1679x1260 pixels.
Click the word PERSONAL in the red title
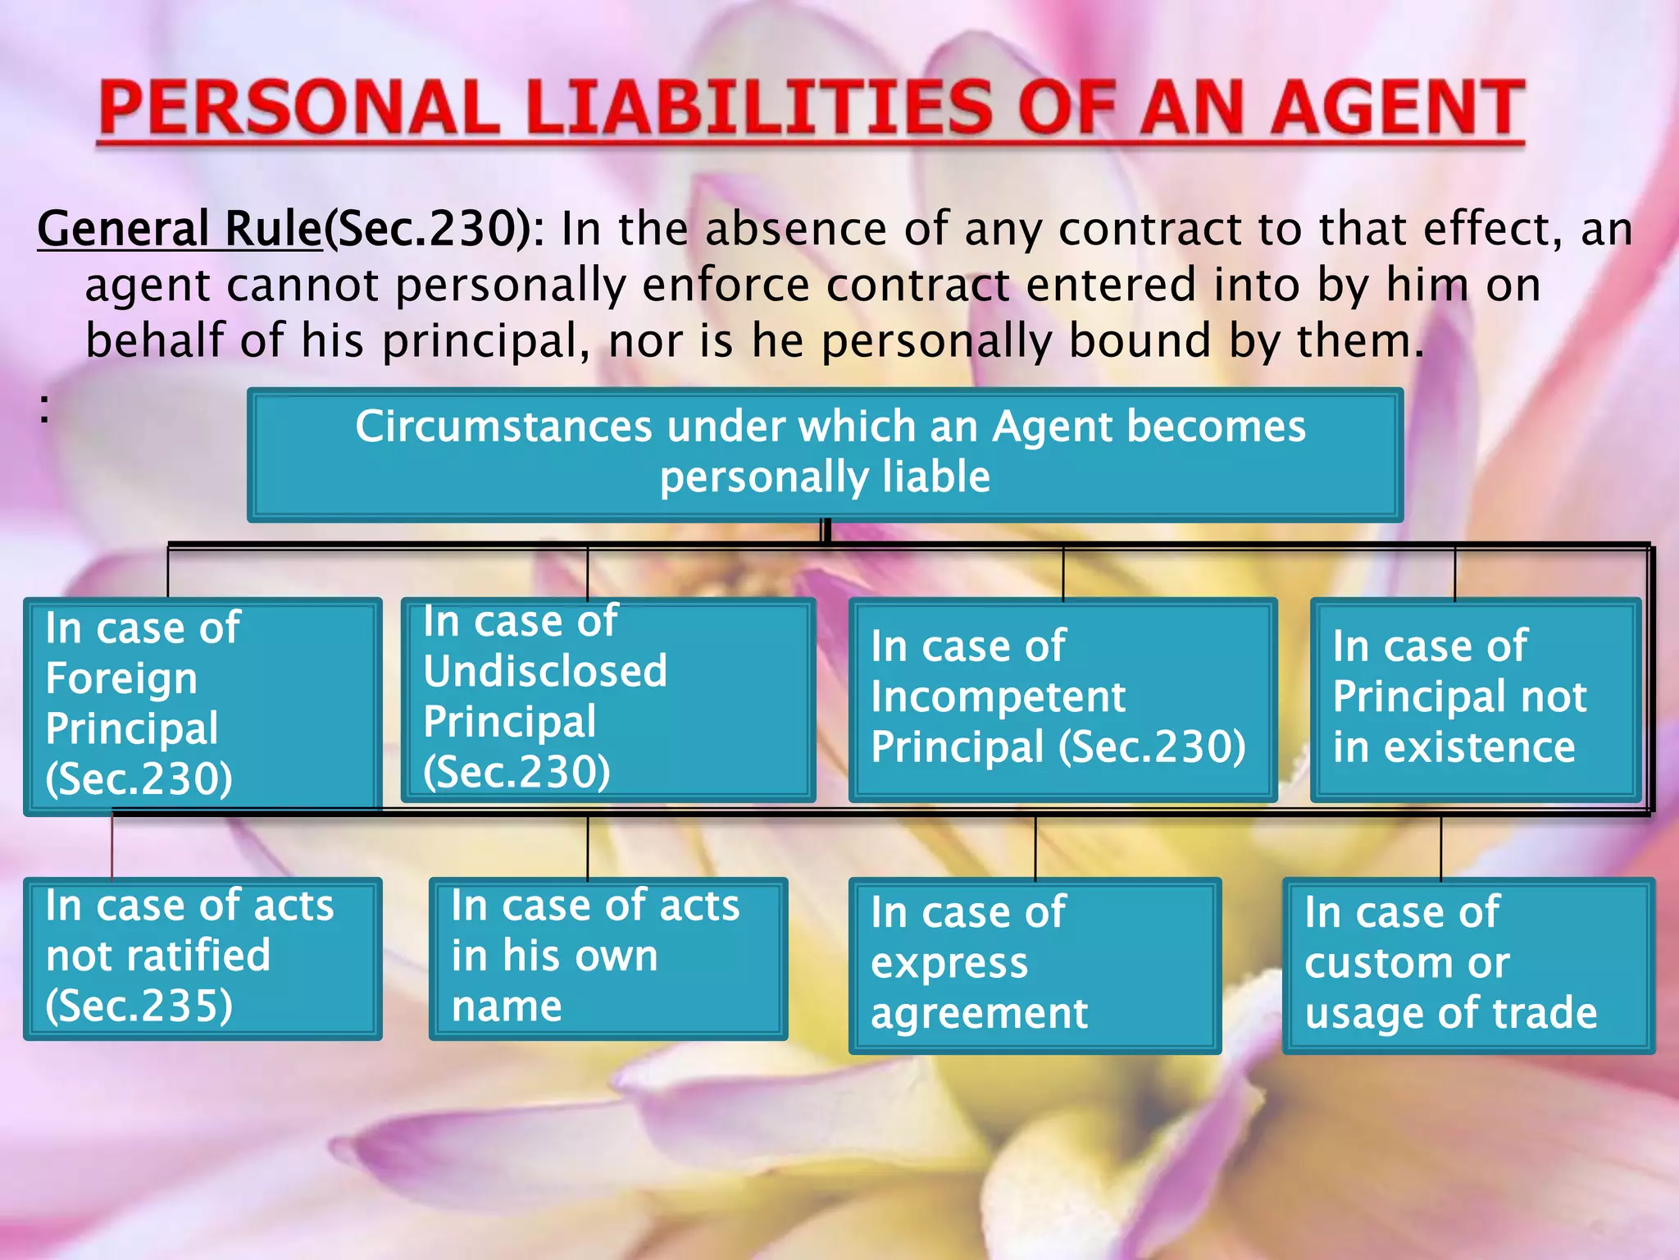tap(299, 108)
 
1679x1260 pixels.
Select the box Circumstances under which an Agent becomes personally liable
tap(825, 454)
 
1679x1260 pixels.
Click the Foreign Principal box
tap(202, 705)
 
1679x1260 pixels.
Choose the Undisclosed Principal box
tap(607, 700)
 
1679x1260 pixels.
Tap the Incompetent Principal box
tap(1062, 700)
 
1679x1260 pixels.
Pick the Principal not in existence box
tap(1475, 700)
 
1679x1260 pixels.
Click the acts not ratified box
tap(202, 958)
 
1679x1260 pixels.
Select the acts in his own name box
tap(607, 958)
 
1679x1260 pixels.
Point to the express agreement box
tap(1035, 965)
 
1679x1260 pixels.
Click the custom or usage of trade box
tap(1467, 965)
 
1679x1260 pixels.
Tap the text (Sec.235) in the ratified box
tap(139, 1006)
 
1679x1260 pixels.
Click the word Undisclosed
tap(545, 671)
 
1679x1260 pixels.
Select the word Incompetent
tap(998, 697)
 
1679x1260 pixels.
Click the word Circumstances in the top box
tap(504, 427)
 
